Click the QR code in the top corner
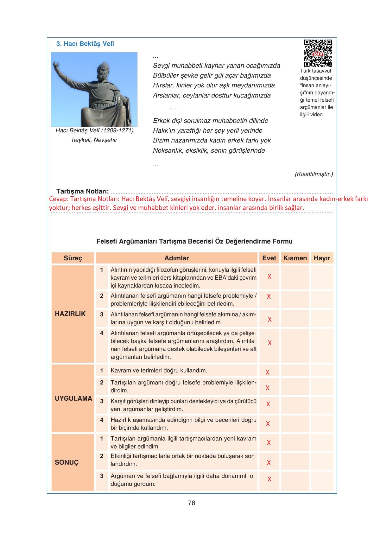(x=318, y=53)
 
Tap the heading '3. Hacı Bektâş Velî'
(x=85, y=44)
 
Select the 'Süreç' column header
(x=73, y=258)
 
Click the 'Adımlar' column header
(x=176, y=258)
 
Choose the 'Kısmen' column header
(x=295, y=258)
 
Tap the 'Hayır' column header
(x=322, y=258)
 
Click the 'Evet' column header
(x=269, y=258)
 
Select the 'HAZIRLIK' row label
(x=70, y=314)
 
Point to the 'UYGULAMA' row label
(x=73, y=398)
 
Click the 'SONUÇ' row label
(x=67, y=462)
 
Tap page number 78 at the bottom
(x=192, y=503)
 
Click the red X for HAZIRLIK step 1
(x=269, y=276)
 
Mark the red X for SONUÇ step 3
(x=269, y=479)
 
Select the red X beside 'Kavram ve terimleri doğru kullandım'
(x=268, y=372)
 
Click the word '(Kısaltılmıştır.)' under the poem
(x=314, y=174)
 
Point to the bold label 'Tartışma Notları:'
(x=83, y=191)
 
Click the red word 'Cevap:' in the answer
(x=59, y=199)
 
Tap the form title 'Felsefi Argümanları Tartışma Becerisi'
(x=194, y=241)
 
